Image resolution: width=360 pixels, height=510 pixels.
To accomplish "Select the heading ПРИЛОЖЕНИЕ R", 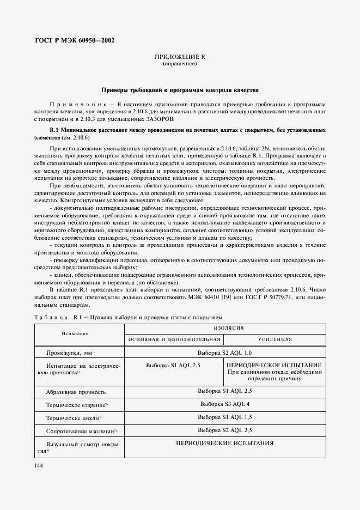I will point(180,57).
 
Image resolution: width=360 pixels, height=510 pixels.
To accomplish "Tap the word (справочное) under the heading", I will point(180,64).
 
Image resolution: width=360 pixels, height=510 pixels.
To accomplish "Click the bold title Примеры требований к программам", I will point(180,89).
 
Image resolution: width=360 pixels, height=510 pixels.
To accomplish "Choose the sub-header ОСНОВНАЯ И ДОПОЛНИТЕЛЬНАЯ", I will point(174,339).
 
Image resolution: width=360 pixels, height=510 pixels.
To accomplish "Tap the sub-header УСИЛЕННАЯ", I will point(275,339).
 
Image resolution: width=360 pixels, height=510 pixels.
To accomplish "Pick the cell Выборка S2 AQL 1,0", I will point(224,352).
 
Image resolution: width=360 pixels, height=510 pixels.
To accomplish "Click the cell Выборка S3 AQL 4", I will point(224,404).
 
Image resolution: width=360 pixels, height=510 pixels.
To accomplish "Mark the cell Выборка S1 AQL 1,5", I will point(224,417).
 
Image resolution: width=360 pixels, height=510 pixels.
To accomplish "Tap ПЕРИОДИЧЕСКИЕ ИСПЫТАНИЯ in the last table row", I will point(224,443).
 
